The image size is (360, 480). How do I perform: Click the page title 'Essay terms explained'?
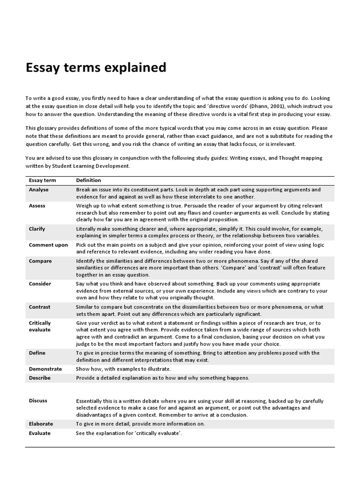tap(96, 68)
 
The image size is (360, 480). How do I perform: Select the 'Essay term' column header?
tap(43, 180)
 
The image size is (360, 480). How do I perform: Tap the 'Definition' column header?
tap(89, 180)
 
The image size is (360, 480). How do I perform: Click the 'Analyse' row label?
tap(38, 190)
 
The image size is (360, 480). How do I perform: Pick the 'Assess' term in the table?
tap(37, 206)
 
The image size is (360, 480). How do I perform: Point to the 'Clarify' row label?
tap(37, 229)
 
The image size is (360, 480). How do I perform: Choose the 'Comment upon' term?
tap(48, 245)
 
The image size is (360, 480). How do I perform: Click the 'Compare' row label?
tap(40, 261)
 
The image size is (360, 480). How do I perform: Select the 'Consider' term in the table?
tap(40, 284)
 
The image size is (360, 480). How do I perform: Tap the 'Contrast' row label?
tap(39, 307)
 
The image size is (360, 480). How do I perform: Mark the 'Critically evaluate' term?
tap(40, 326)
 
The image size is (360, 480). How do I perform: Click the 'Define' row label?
tap(37, 353)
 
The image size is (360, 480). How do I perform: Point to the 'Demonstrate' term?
tap(45, 369)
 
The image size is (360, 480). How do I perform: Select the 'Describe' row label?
tap(39, 378)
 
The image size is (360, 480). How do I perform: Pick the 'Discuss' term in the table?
tap(38, 401)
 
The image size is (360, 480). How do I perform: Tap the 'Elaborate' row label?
tap(41, 424)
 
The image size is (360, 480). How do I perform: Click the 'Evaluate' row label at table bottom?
tap(39, 433)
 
